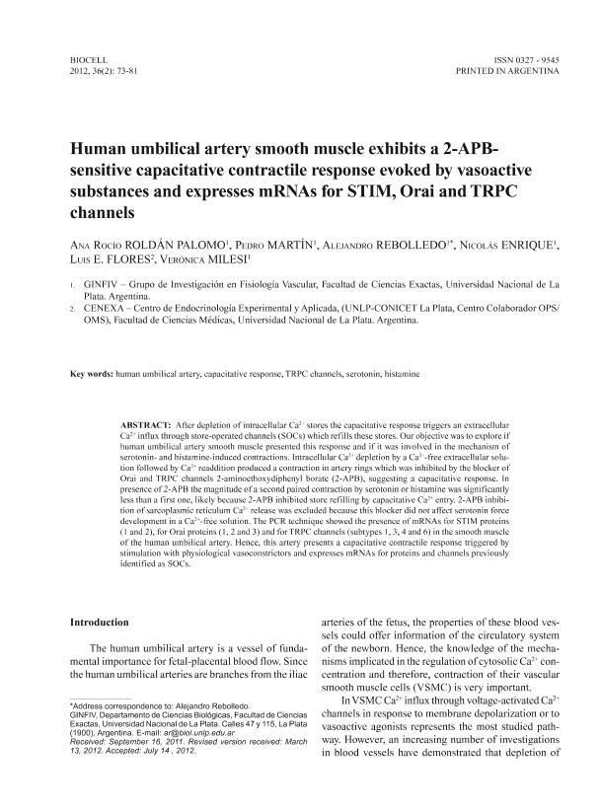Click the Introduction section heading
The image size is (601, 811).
(x=100, y=623)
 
